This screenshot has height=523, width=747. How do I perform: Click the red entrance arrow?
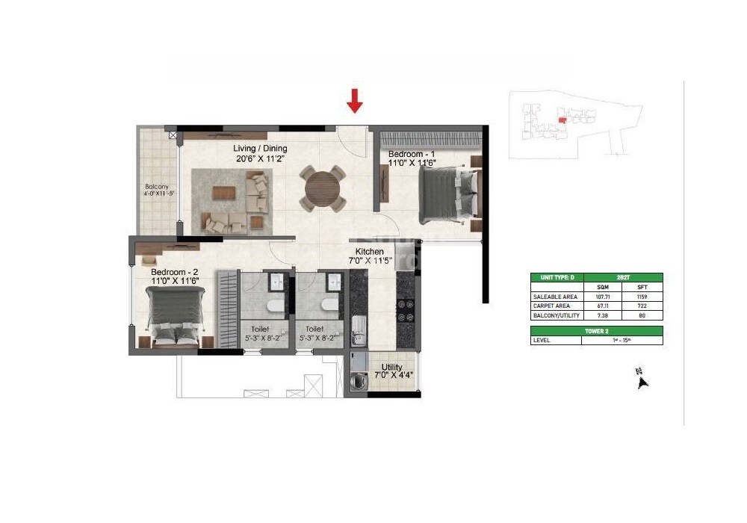(355, 100)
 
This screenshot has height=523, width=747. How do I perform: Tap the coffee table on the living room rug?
(223, 192)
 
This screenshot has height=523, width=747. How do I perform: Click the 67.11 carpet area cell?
(604, 306)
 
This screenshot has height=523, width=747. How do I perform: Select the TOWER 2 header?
(596, 330)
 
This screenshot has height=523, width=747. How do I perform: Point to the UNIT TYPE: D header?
(556, 277)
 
